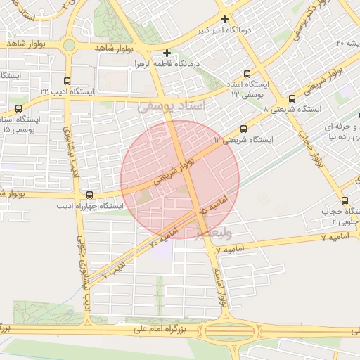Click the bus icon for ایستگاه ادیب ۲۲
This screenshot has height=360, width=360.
click(67, 81)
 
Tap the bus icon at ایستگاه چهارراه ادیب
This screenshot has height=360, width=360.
click(89, 195)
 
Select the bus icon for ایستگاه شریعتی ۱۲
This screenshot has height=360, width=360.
click(243, 129)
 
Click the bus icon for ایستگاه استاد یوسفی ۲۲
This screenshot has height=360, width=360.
click(247, 74)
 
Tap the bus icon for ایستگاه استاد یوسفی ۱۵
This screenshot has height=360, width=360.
click(18, 108)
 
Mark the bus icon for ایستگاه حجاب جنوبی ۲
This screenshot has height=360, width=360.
click(345, 200)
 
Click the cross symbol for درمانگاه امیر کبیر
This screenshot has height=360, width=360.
click(224, 19)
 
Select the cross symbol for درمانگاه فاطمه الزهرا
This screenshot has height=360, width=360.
click(167, 53)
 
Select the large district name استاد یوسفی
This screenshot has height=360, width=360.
click(172, 106)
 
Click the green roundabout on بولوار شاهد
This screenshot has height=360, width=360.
click(69, 46)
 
